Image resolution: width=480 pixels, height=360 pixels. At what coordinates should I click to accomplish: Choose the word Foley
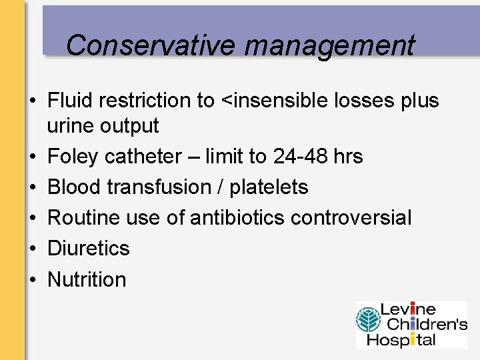pyautogui.click(x=72, y=157)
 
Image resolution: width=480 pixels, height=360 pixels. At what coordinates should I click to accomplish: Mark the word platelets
pyautogui.click(x=269, y=187)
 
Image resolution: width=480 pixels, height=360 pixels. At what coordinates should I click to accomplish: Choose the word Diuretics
pyautogui.click(x=89, y=249)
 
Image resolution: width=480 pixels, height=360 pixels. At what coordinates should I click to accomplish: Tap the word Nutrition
pyautogui.click(x=87, y=279)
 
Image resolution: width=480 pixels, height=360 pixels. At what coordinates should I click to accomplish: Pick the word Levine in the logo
pyautogui.click(x=408, y=310)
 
